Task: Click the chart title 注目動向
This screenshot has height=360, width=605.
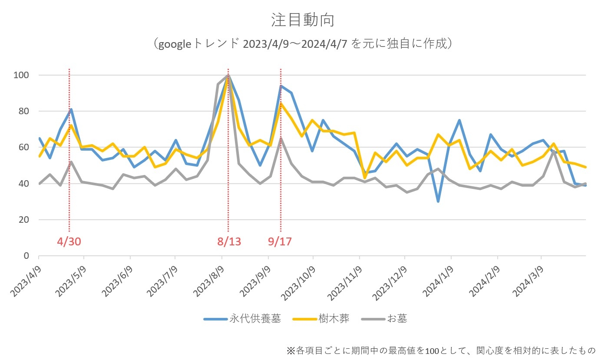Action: tap(302, 20)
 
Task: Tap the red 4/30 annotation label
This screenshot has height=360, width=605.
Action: tap(69, 241)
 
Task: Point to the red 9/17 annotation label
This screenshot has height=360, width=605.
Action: tap(280, 241)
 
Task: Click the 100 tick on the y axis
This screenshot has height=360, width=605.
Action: tap(22, 75)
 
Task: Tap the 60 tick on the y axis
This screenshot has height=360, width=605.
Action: tap(24, 147)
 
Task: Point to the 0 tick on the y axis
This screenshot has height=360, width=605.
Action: tap(27, 256)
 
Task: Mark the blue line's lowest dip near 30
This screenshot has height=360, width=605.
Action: tap(438, 201)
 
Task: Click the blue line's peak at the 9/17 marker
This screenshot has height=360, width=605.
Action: tap(281, 86)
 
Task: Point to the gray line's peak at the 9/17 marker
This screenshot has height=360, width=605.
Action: tap(281, 139)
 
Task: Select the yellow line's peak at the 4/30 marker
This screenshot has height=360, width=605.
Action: tap(70, 126)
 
